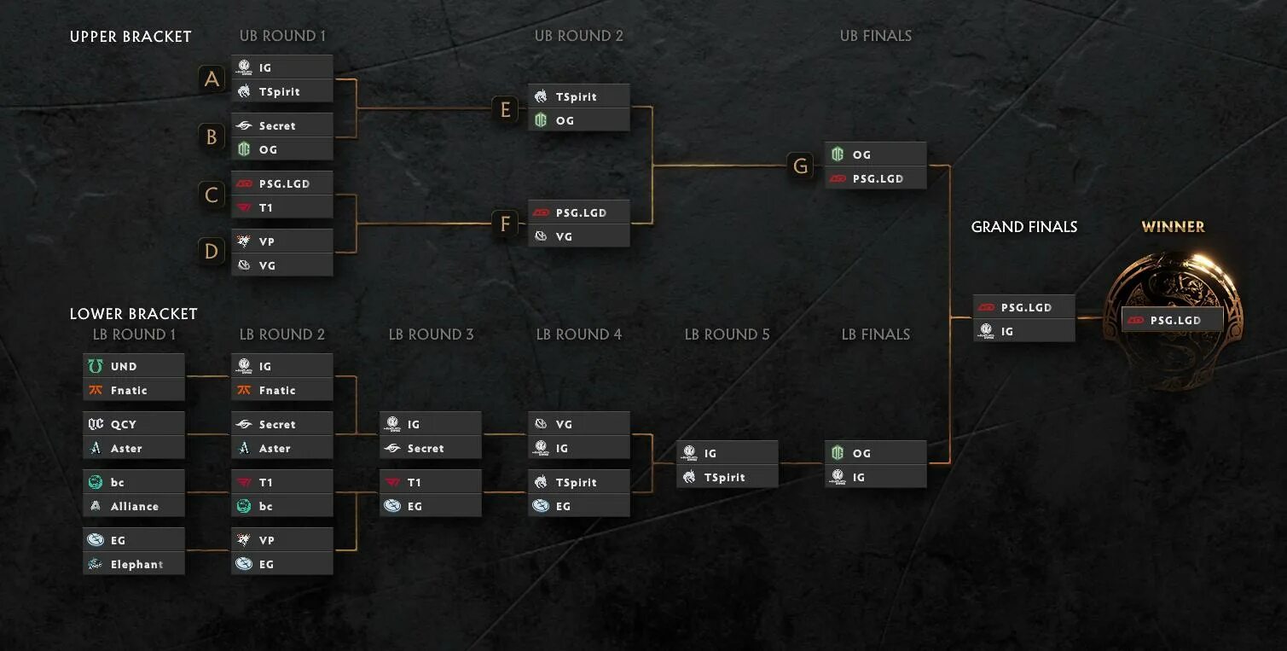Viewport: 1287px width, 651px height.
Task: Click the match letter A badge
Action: [212, 79]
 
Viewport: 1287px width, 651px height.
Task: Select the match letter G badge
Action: [800, 166]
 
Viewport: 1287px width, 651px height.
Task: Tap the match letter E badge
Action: [505, 109]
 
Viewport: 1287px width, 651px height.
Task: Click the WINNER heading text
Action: [1173, 227]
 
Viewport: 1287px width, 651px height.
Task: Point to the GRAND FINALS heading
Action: [1023, 227]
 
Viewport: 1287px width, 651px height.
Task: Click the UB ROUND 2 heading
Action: [578, 36]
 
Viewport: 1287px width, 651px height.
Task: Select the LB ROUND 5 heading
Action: [727, 334]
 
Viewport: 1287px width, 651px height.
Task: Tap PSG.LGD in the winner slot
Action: [1173, 320]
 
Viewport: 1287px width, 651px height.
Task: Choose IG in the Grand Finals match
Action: [1023, 331]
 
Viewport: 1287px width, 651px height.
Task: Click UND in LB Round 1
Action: [133, 366]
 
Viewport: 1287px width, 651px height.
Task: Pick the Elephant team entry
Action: [133, 564]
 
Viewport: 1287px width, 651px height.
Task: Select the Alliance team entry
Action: [133, 506]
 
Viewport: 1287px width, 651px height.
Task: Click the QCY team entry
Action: [133, 424]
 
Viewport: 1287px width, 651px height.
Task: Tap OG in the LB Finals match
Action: [875, 453]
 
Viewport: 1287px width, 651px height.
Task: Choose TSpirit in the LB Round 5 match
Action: [727, 477]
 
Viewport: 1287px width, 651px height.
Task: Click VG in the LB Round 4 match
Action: [578, 424]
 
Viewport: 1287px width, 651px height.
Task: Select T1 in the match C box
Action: [281, 207]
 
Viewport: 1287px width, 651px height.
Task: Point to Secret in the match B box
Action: [281, 125]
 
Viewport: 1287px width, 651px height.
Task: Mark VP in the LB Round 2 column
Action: [281, 540]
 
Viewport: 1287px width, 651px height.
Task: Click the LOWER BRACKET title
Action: [133, 314]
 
